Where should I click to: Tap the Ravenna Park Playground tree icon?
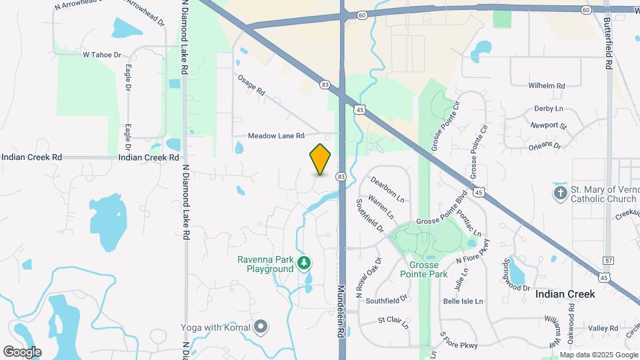click(x=305, y=263)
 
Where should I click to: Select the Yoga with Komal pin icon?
click(x=261, y=327)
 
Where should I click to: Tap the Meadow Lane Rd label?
click(x=276, y=135)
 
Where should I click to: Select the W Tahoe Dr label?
click(x=102, y=55)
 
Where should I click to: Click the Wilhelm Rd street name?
click(x=547, y=86)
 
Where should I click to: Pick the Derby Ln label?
click(x=549, y=108)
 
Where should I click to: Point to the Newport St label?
click(x=548, y=125)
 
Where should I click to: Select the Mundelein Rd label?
click(x=341, y=311)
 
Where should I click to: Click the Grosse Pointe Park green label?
click(x=419, y=269)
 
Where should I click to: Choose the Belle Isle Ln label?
click(x=463, y=301)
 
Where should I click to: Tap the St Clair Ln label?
click(x=393, y=322)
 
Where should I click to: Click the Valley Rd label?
click(x=603, y=328)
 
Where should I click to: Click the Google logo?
click(x=22, y=351)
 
